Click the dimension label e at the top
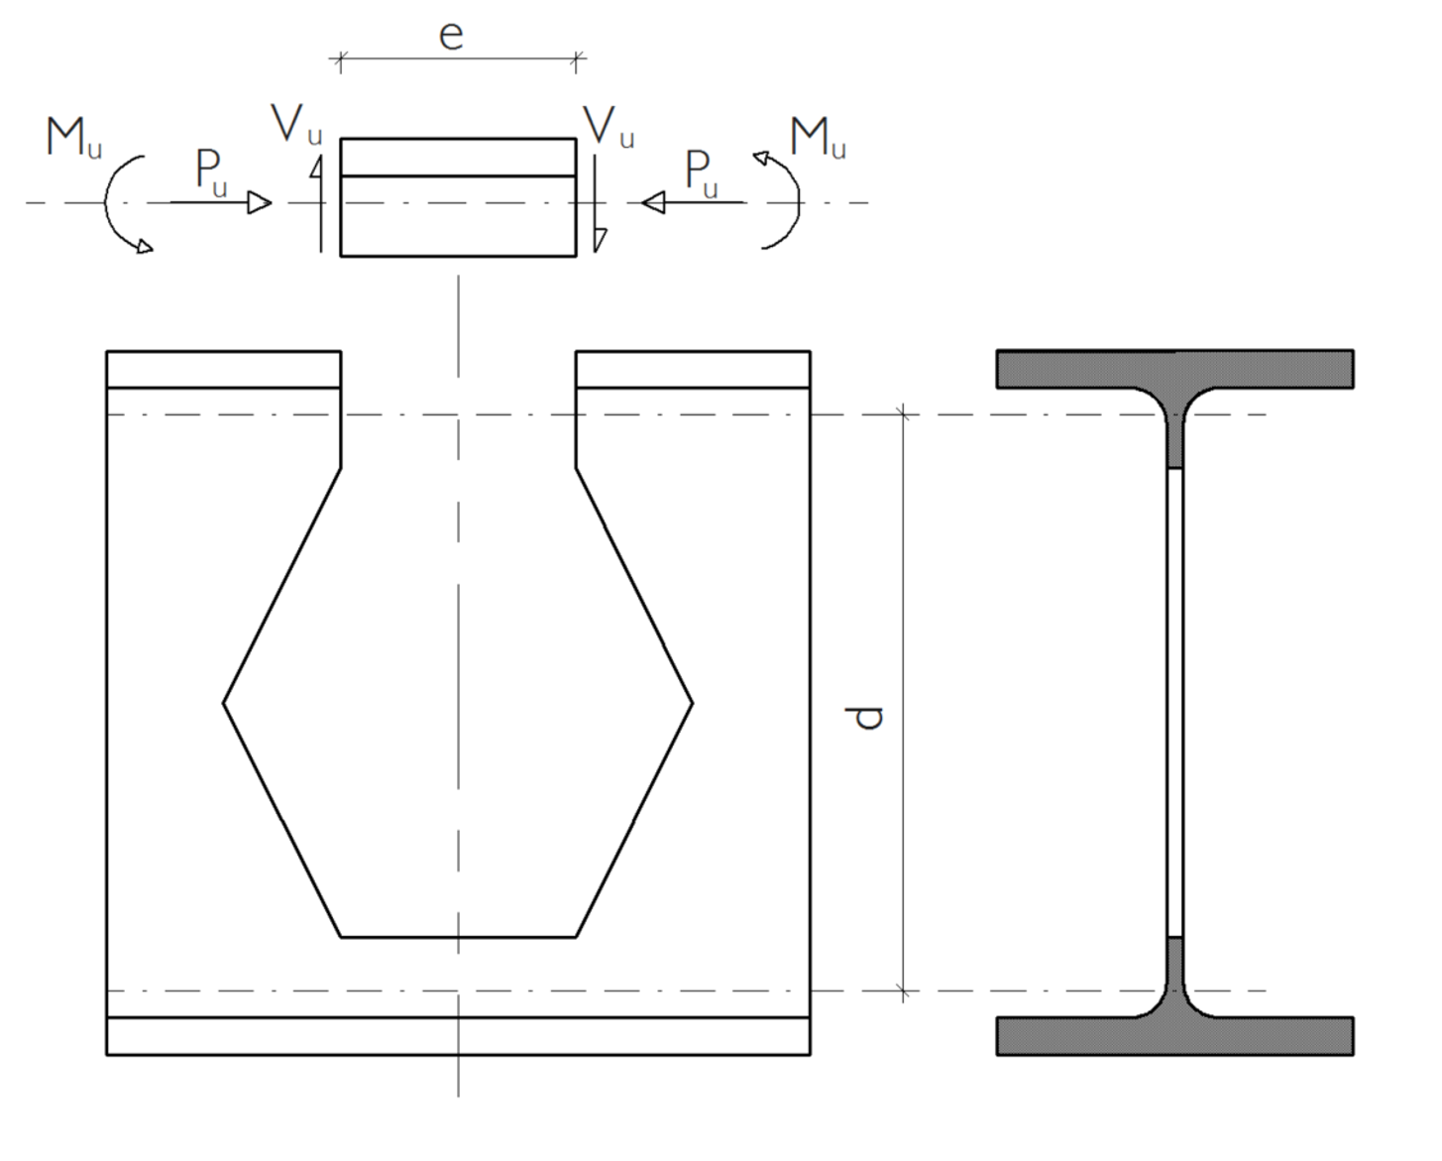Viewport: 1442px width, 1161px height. pos(451,35)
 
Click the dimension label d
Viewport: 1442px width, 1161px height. pos(867,717)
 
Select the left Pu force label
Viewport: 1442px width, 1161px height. pos(211,173)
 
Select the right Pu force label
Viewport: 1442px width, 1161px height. pos(702,173)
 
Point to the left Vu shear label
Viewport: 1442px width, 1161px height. pos(296,124)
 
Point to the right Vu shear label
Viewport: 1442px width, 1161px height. pos(608,126)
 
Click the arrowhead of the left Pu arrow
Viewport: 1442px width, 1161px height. pos(260,203)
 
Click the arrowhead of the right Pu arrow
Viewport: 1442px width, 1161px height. pos(652,203)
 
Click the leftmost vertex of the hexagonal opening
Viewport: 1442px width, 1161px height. pos(224,704)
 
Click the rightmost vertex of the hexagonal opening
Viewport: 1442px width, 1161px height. pos(692,704)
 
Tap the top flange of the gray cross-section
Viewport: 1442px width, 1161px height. pos(1174,368)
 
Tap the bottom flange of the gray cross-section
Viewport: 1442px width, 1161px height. pos(1174,1036)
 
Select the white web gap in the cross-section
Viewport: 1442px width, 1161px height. pos(1174,702)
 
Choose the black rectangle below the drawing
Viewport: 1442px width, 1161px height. pos(445,1134)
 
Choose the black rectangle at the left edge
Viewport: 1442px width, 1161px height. pos(30,667)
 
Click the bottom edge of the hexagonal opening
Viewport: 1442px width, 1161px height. pos(458,936)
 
